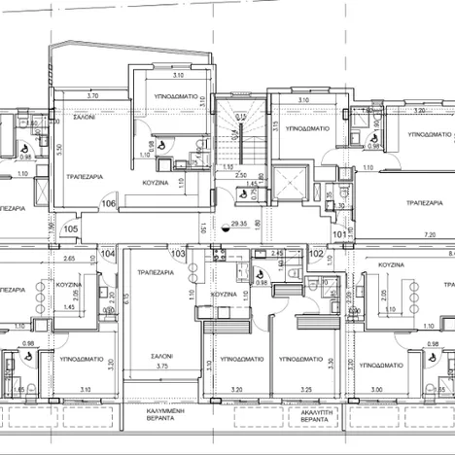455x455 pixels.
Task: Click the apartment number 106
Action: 108,204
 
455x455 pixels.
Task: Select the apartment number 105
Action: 70,229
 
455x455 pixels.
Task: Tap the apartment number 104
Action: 107,253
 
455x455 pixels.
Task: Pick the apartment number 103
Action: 177,254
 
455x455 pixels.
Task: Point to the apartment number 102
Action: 316,254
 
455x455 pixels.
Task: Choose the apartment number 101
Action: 337,233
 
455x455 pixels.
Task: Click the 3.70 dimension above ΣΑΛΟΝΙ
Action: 91,96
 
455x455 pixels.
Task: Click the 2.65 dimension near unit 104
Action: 70,260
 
